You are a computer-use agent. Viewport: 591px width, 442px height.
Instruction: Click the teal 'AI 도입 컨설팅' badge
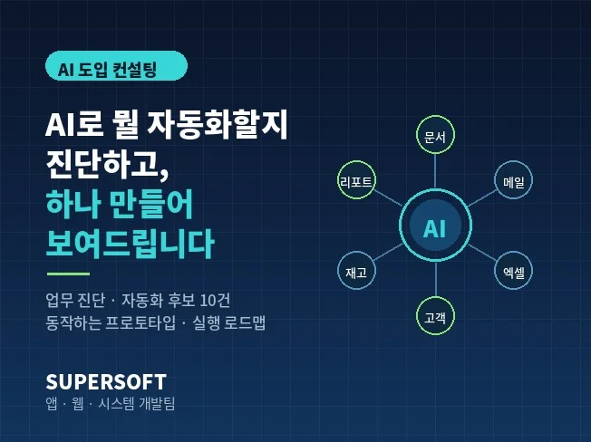116,66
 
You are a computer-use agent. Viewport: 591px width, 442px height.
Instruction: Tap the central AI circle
435,226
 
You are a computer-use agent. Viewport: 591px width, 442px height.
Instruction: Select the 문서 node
435,135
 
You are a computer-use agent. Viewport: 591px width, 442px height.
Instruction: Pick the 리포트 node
356,180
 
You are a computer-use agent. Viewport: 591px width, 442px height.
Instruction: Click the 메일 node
513,180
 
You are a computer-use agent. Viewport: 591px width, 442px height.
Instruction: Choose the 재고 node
356,270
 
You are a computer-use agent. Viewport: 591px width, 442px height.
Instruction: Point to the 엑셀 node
513,270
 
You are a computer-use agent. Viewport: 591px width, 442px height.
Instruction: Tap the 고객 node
435,315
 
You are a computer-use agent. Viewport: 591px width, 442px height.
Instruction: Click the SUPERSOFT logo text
106,382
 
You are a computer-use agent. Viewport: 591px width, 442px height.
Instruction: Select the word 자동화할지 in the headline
218,125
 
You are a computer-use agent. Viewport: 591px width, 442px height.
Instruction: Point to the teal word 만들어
150,204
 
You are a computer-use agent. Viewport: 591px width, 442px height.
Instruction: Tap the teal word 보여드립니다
130,244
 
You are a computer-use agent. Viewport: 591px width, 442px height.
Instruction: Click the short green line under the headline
68,274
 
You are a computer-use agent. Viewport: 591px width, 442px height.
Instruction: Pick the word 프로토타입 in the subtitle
140,322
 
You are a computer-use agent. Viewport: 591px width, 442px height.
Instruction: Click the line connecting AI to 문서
435,171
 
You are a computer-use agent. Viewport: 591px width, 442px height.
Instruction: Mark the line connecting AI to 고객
436,279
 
